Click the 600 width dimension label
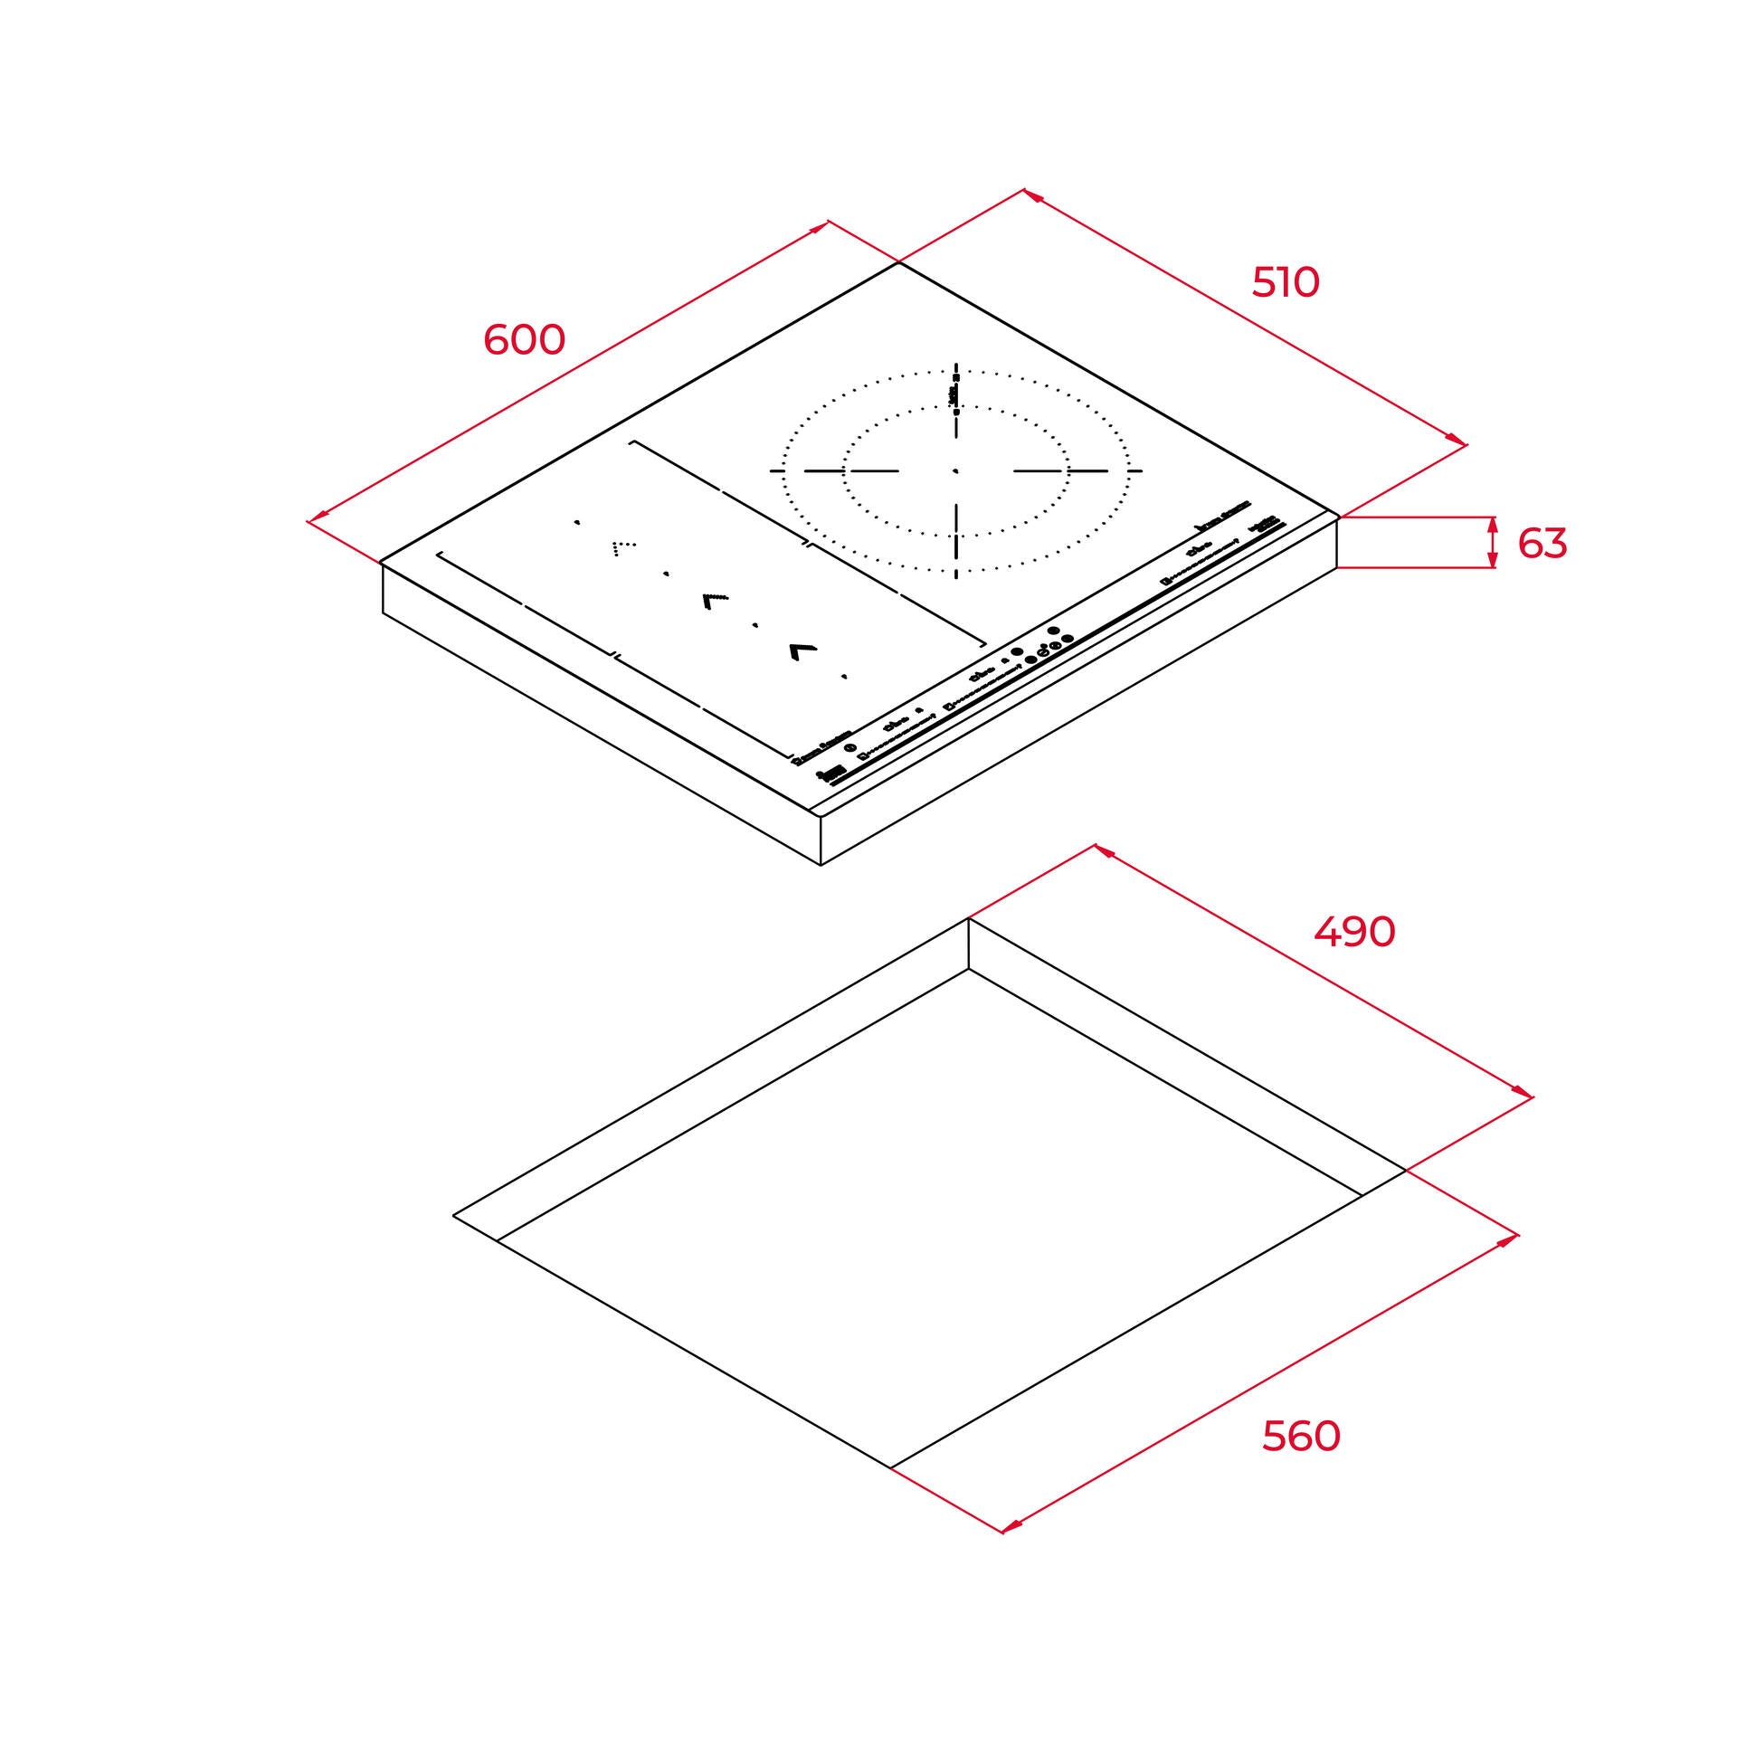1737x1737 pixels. (524, 339)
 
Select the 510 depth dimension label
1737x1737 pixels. (1286, 283)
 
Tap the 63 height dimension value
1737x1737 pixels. (1542, 543)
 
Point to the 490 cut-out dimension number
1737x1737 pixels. (1354, 931)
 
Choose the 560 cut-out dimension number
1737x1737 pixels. (1301, 1436)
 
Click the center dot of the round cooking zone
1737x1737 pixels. (955, 471)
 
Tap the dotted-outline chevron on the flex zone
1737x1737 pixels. (623, 548)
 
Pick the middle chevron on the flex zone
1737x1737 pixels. (714, 600)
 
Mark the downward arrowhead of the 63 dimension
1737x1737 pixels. (1493, 561)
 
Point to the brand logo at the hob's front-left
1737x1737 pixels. (831, 774)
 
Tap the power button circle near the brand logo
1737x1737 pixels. (850, 747)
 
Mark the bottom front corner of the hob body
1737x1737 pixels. (821, 865)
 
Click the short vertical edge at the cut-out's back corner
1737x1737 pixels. (969, 944)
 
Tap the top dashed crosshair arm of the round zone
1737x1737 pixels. (955, 398)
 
